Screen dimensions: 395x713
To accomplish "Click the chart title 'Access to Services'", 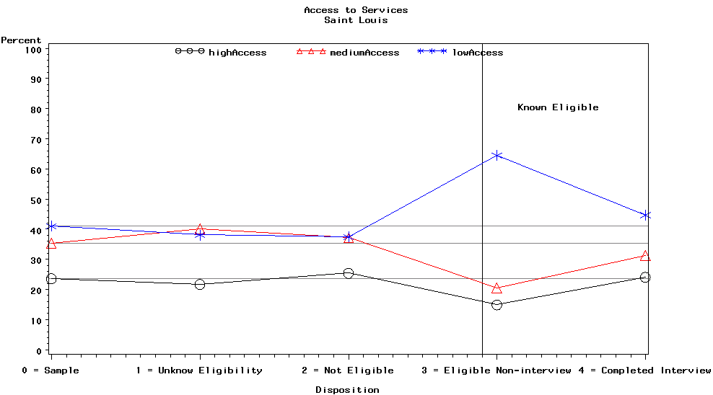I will tap(356, 10).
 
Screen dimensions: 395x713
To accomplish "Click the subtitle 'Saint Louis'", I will tap(356, 20).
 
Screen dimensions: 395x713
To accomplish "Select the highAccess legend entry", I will tap(221, 52).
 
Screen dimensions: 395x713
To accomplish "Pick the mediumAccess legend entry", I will tap(349, 52).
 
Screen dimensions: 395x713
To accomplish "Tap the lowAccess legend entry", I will tap(461, 52).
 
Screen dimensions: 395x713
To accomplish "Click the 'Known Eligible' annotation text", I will tap(558, 107).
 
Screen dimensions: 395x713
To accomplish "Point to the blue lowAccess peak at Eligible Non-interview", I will tap(497, 155).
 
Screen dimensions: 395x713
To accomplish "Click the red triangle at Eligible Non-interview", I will tap(497, 288).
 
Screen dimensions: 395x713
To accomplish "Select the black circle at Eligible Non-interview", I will tap(497, 305).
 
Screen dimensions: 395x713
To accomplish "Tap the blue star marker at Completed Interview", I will tap(645, 215).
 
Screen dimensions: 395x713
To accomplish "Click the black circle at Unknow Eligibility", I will tap(200, 284).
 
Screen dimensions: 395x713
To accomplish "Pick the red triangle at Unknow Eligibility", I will tap(200, 229).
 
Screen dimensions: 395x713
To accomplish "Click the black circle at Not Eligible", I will tap(349, 273).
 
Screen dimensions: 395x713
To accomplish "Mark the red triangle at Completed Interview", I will tap(645, 256).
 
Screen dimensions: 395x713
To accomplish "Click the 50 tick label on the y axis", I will tap(37, 200).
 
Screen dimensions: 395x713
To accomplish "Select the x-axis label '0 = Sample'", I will tap(51, 370).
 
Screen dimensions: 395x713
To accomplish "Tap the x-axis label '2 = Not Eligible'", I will tap(348, 370).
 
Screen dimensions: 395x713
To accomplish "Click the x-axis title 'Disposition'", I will tap(347, 390).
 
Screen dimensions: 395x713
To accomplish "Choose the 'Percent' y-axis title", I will tap(21, 40).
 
